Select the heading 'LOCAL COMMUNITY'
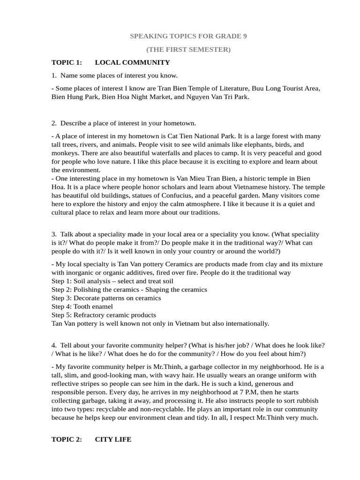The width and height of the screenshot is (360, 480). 132,62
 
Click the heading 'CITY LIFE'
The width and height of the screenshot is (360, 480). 113,440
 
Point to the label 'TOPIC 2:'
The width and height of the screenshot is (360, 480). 67,440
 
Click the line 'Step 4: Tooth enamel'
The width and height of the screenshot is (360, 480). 82,307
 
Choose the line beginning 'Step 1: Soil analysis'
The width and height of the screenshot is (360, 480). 112,281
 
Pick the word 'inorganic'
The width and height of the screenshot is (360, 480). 80,272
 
